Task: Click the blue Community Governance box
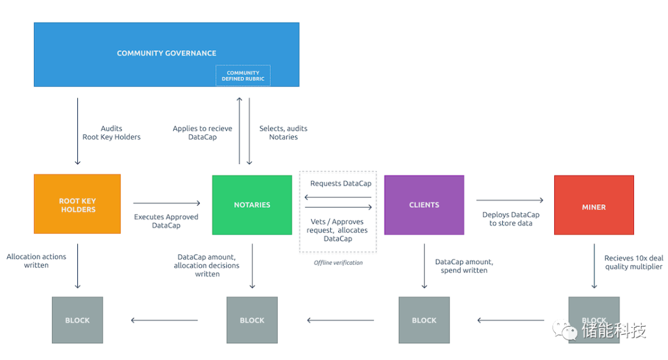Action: point(166,54)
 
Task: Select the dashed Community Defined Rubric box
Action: point(243,76)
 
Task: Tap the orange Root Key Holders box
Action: point(77,204)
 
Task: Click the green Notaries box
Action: point(252,205)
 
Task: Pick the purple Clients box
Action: point(424,205)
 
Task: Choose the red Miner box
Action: point(594,205)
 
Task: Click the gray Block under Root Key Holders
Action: point(77,320)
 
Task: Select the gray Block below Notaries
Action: point(252,320)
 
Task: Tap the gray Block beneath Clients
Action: point(424,320)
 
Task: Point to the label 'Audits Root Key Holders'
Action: point(111,132)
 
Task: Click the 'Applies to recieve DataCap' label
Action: point(202,132)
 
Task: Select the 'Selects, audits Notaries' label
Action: point(283,132)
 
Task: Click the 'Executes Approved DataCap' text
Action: point(166,221)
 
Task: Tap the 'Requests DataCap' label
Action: point(341,184)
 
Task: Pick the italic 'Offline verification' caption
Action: point(338,262)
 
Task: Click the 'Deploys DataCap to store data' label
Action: point(511,219)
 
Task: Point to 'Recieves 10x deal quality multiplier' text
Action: point(633,262)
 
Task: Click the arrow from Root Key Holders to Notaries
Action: point(166,204)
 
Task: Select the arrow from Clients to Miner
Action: point(510,200)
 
